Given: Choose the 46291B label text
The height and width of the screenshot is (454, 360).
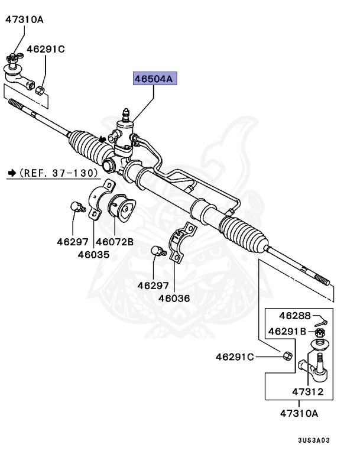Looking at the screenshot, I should click(288, 332).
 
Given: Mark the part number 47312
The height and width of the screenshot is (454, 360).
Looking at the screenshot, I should click(307, 392).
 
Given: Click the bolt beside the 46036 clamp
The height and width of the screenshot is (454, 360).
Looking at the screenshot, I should click(157, 251).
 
